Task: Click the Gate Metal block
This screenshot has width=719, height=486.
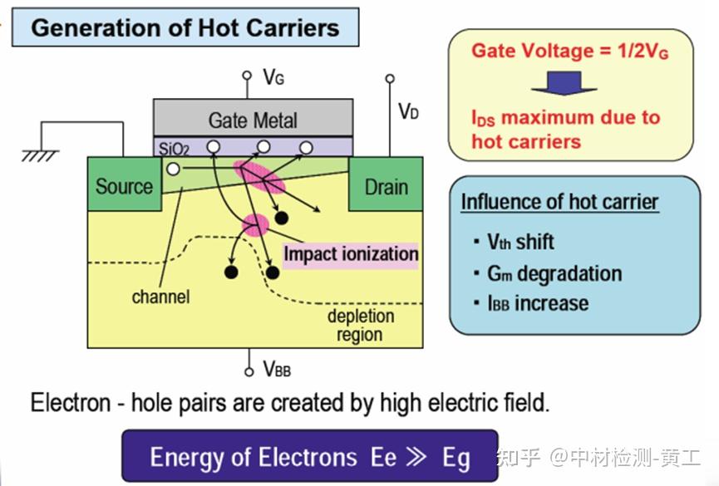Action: click(x=254, y=118)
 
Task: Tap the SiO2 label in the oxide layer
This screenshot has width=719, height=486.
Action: click(x=174, y=149)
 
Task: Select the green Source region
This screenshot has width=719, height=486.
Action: click(x=124, y=184)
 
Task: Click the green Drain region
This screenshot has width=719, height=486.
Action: click(x=386, y=184)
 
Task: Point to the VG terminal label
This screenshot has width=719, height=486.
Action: click(x=273, y=77)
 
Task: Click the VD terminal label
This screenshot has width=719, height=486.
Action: click(x=408, y=111)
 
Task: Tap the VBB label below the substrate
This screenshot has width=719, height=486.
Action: click(x=277, y=369)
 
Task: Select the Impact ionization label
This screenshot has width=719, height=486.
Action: click(x=351, y=253)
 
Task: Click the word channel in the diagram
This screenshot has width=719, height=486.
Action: click(x=160, y=297)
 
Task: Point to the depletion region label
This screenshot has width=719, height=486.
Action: click(x=361, y=325)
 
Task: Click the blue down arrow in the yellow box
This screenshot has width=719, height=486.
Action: click(x=564, y=83)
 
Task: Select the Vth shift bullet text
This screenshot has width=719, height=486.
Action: click(x=520, y=242)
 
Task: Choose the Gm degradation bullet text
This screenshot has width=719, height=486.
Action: click(x=554, y=273)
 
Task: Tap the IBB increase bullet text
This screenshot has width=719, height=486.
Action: click(x=538, y=303)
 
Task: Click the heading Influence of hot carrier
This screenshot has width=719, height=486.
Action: click(x=560, y=202)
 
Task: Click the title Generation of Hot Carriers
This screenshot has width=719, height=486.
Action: click(x=185, y=27)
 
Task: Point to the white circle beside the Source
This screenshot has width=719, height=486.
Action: click(x=173, y=169)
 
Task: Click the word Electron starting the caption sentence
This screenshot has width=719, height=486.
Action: click(x=71, y=403)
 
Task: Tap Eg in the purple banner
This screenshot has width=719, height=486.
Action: click(x=456, y=459)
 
